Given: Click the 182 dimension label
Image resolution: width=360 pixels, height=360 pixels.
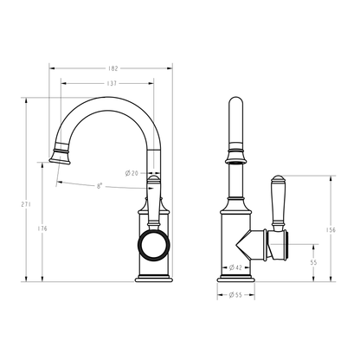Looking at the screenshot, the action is (x=113, y=68).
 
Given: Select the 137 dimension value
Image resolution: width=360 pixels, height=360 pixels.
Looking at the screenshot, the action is (x=112, y=83).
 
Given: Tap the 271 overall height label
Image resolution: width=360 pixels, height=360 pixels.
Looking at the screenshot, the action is (x=26, y=204).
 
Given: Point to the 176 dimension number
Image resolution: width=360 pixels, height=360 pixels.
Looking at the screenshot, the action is (x=42, y=228).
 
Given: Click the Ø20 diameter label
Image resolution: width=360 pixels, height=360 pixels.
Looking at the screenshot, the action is (x=132, y=173).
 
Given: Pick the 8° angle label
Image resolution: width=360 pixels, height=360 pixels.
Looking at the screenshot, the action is (x=100, y=186).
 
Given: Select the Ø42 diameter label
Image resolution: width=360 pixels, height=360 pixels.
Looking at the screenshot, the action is (x=235, y=267).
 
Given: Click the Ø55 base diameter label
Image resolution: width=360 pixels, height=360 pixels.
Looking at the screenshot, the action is (x=235, y=295).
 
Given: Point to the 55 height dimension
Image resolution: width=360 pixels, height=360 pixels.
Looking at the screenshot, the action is (x=313, y=262).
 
